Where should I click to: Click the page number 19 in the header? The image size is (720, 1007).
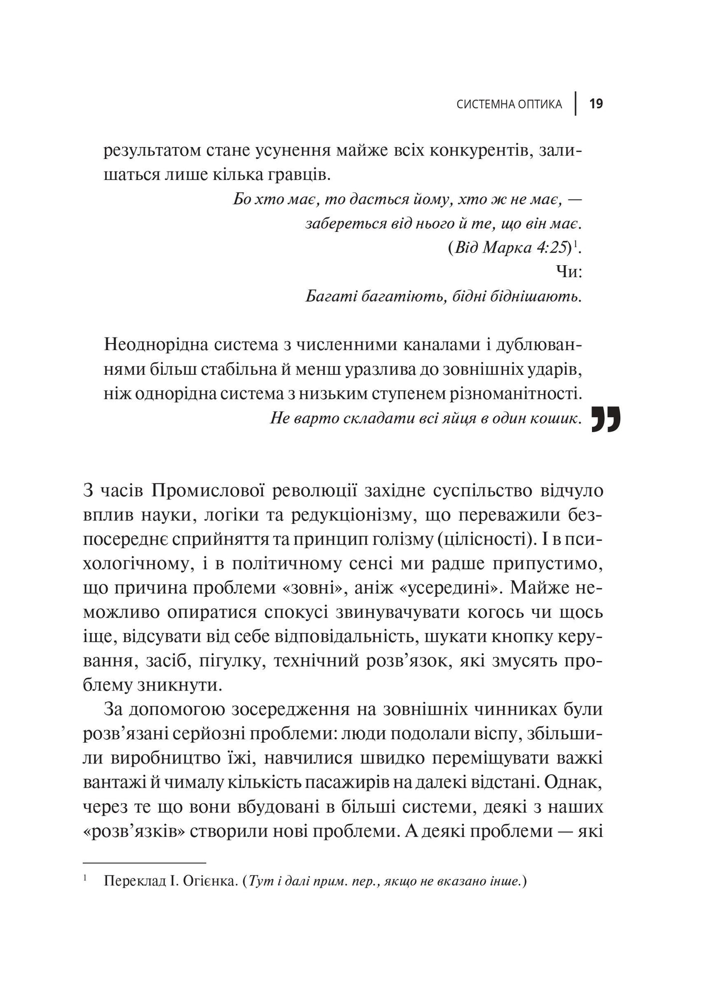pyautogui.click(x=596, y=104)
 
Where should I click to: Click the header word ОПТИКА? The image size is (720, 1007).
pyautogui.click(x=538, y=104)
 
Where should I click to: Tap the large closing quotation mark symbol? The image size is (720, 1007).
pyautogui.click(x=606, y=420)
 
